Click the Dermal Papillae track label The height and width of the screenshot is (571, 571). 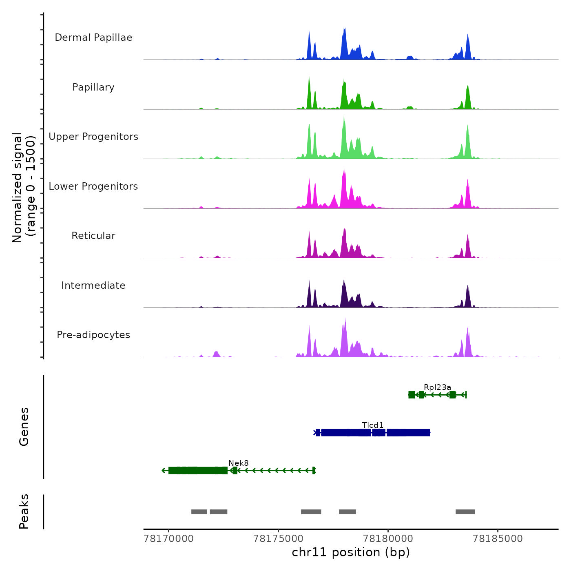click(x=93, y=38)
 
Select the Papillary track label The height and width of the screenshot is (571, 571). click(x=93, y=87)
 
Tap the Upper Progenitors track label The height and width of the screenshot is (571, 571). click(x=93, y=137)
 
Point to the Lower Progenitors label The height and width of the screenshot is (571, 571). click(x=93, y=186)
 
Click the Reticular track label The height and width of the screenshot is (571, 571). click(x=93, y=236)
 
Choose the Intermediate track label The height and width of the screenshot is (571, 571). click(x=93, y=285)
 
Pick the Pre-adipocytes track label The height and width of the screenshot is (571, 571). click(x=93, y=335)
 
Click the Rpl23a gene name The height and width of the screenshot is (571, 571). click(x=437, y=387)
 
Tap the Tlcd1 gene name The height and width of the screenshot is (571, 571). click(x=373, y=425)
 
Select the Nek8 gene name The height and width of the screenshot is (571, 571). click(x=239, y=463)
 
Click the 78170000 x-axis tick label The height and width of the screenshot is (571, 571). click(x=169, y=539)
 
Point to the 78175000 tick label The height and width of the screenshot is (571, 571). click(x=279, y=539)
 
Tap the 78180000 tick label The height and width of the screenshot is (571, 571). click(x=388, y=539)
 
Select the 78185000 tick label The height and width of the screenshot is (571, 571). click(x=498, y=539)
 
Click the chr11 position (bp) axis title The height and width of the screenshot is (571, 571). click(x=351, y=553)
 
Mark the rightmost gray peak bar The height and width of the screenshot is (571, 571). click(x=465, y=512)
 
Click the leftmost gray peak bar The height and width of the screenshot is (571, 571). click(x=199, y=512)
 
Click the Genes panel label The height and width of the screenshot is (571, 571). click(x=24, y=427)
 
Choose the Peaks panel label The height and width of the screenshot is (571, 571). click(x=24, y=511)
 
